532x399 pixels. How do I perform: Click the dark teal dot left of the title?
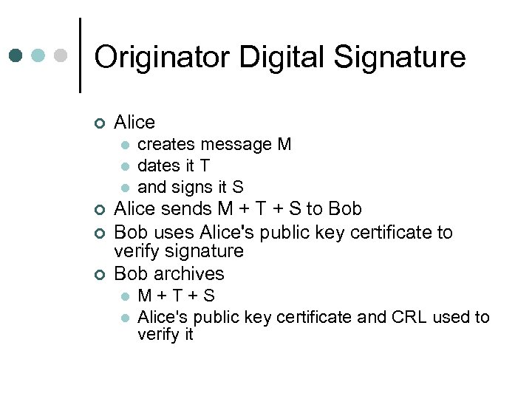pos(16,55)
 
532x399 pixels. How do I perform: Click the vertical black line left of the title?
pos(79,55)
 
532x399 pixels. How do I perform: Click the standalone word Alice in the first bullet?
pos(134,122)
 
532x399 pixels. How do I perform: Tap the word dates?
pos(159,166)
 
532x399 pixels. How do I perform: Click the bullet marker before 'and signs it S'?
pos(126,188)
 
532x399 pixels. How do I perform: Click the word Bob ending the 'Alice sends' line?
pos(344,209)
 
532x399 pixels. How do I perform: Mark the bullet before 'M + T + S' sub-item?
pos(126,296)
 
